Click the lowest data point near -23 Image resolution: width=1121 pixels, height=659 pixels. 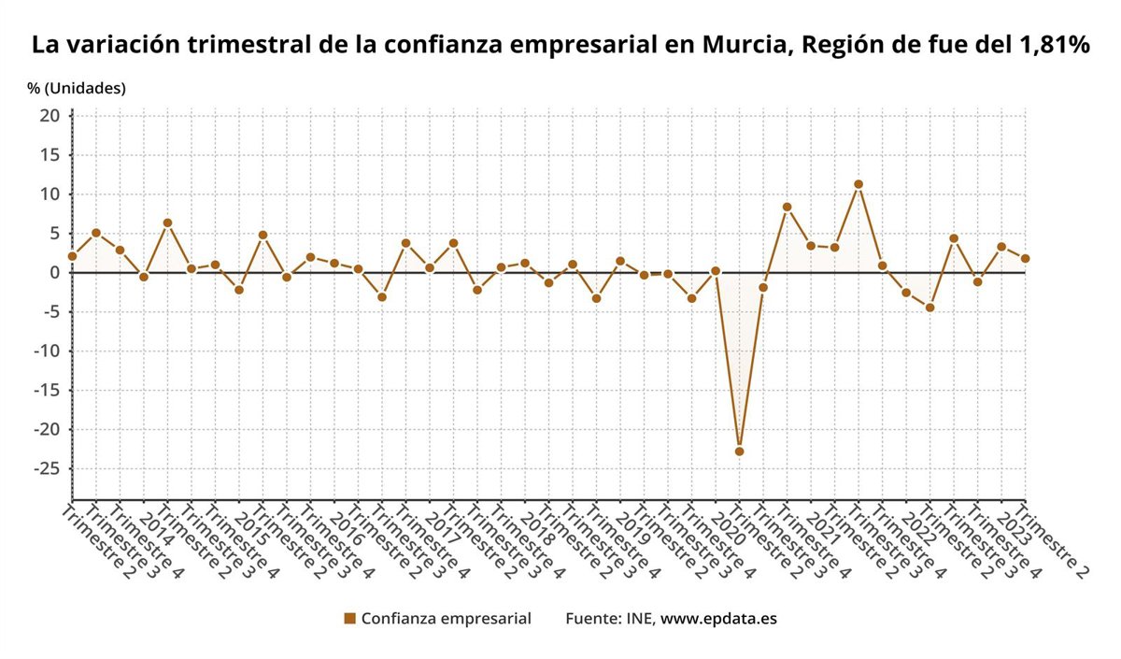pos(739,451)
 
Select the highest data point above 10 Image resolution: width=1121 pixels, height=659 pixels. pos(858,184)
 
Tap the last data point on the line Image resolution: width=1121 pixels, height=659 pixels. pos(1025,259)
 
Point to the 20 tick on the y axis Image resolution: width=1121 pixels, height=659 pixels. pos(50,116)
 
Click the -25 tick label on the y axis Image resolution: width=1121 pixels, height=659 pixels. pos(45,469)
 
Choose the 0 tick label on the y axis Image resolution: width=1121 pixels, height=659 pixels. pos(54,273)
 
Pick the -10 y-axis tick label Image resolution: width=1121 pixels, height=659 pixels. pos(45,351)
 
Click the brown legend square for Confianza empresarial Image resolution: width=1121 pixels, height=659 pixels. pos(350,619)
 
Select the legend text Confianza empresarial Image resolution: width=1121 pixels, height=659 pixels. pos(446,619)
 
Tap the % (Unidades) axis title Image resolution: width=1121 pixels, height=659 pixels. pos(77,88)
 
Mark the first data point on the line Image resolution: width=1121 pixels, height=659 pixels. pos(72,256)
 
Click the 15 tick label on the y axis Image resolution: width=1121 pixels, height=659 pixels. pos(50,155)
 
